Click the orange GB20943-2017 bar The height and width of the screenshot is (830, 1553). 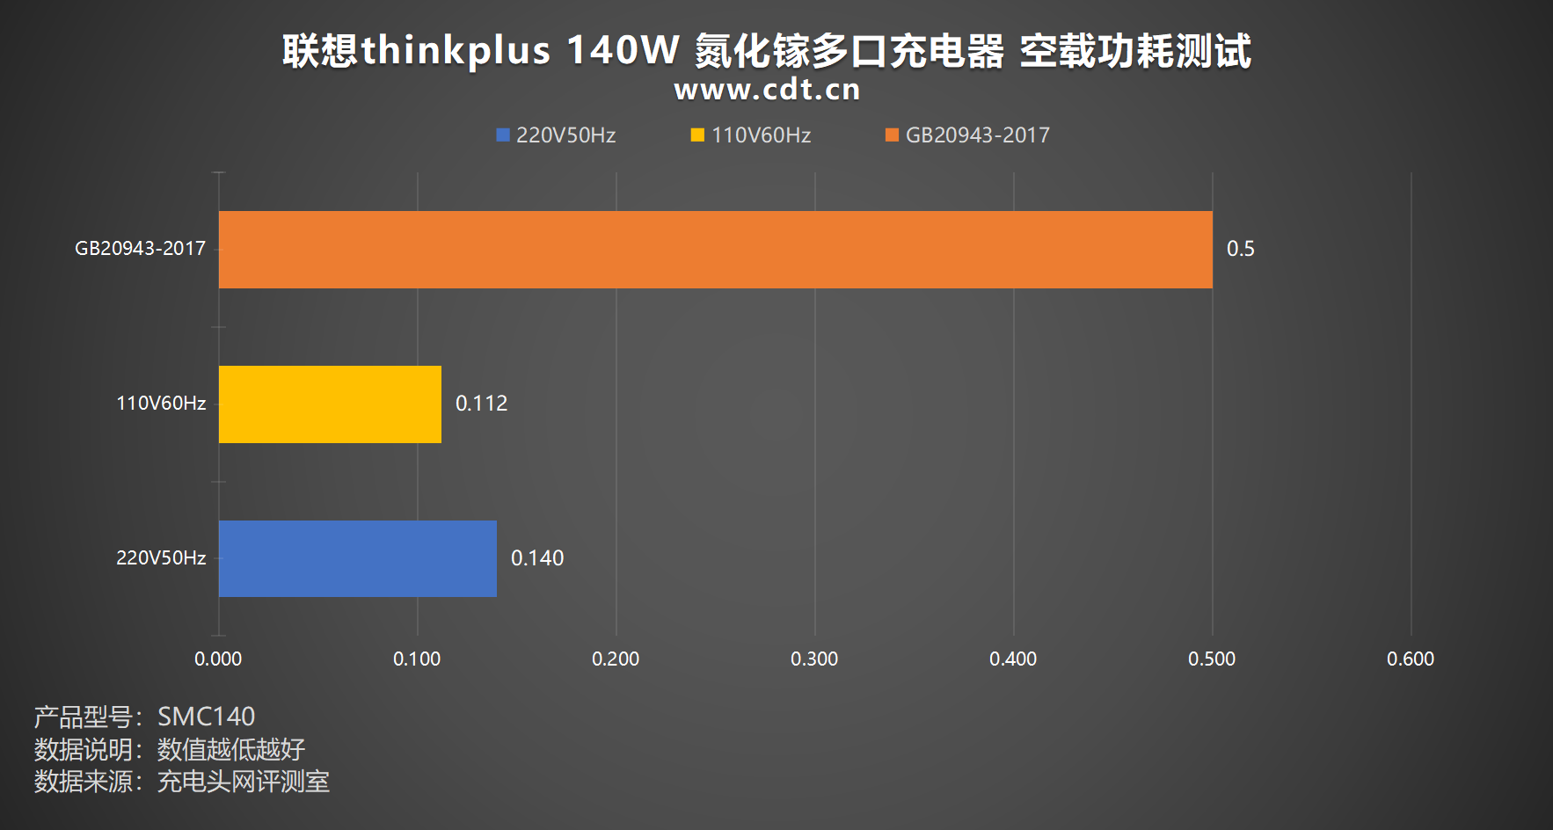click(x=715, y=250)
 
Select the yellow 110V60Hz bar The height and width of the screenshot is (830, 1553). click(x=330, y=404)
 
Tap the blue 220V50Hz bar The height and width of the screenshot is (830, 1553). click(x=357, y=559)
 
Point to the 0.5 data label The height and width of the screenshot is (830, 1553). click(x=1240, y=249)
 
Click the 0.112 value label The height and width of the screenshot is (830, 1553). click(x=481, y=404)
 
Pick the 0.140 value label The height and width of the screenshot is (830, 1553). click(x=537, y=558)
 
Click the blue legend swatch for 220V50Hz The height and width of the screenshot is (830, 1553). click(x=503, y=135)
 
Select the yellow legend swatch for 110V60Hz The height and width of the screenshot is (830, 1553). click(x=697, y=135)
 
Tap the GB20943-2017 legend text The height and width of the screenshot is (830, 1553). click(x=977, y=135)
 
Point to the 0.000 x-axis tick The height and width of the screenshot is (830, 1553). click(x=218, y=659)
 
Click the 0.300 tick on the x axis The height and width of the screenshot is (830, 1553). click(x=814, y=659)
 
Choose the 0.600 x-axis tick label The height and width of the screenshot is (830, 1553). click(x=1410, y=659)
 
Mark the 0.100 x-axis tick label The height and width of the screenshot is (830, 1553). click(x=417, y=659)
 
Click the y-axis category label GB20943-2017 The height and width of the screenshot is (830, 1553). click(x=140, y=249)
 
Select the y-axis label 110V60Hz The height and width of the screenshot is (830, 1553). click(x=161, y=404)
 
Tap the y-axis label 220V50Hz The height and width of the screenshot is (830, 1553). click(x=161, y=558)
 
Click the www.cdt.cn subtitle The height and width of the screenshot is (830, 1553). click(x=767, y=90)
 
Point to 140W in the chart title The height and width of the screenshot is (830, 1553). click(x=623, y=50)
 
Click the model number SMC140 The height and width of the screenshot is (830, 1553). click(x=206, y=717)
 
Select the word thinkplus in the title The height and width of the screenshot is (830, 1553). click(x=456, y=50)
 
